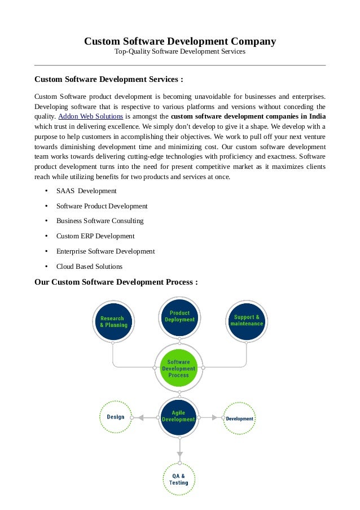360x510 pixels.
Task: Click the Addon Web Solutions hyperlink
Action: coord(91,116)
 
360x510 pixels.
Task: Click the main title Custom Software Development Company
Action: coord(180,41)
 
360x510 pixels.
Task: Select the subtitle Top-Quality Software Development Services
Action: coord(180,52)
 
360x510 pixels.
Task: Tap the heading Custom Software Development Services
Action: coord(109,79)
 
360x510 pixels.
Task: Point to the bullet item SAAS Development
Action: coord(86,191)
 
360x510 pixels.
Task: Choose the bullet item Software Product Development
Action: coord(102,206)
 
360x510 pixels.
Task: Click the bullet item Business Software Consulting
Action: coord(100,221)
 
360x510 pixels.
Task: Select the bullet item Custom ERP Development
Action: coord(95,236)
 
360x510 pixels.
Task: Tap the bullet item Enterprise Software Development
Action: coord(106,251)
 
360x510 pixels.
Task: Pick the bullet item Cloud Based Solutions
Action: coord(89,267)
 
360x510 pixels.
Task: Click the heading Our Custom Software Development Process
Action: coord(116,281)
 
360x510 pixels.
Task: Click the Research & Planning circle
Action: coord(113,321)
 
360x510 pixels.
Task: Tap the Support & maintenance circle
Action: coord(247,321)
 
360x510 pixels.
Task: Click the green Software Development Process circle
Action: coord(179,368)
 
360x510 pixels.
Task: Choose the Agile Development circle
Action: coord(179,417)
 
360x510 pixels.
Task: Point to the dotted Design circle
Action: coord(116,417)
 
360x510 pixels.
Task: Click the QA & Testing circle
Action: coord(179,480)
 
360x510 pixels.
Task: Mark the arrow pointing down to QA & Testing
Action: coord(179,452)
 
